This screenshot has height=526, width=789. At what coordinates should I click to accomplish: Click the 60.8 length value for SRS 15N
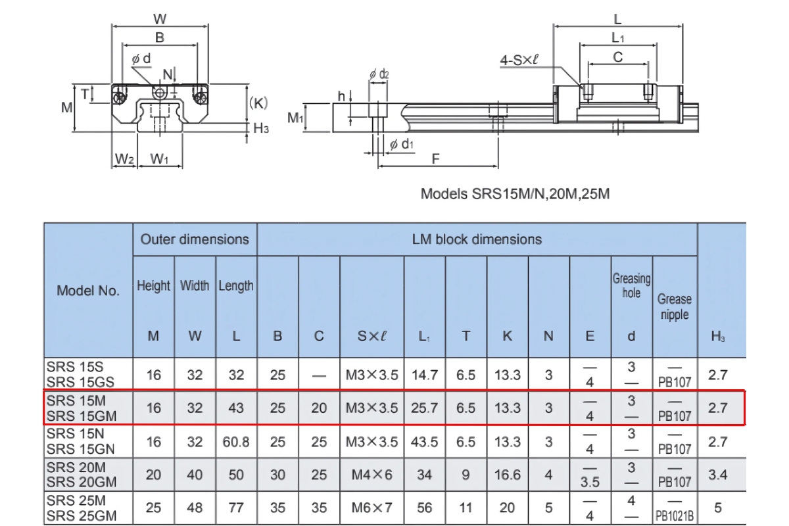pyautogui.click(x=236, y=442)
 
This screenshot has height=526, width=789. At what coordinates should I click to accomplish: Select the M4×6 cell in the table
pyautogui.click(x=371, y=474)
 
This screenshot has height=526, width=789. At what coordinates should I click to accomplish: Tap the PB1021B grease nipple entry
pyautogui.click(x=675, y=516)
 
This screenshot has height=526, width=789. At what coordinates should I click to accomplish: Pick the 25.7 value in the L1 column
pyautogui.click(x=424, y=408)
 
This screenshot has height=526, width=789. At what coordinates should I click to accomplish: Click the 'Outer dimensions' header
pyautogui.click(x=195, y=239)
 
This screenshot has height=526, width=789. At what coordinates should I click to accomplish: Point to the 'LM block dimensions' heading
pyautogui.click(x=477, y=239)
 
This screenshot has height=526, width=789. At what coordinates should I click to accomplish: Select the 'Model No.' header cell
pyautogui.click(x=88, y=291)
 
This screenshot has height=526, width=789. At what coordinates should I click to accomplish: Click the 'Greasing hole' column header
pyautogui.click(x=631, y=286)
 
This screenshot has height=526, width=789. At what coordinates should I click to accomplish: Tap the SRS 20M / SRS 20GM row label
pyautogui.click(x=82, y=474)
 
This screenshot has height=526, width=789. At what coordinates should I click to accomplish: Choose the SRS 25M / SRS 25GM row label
pyautogui.click(x=82, y=508)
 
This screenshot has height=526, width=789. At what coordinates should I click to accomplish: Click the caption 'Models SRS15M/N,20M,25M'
pyautogui.click(x=515, y=194)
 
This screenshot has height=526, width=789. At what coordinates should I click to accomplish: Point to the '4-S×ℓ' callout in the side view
pyautogui.click(x=519, y=60)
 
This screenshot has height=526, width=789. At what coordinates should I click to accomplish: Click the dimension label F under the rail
pyautogui.click(x=435, y=158)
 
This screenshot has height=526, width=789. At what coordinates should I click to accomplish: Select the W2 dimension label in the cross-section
pyautogui.click(x=124, y=159)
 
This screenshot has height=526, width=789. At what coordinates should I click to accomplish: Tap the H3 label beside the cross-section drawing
pyautogui.click(x=261, y=128)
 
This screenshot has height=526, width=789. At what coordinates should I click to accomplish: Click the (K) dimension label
pyautogui.click(x=258, y=103)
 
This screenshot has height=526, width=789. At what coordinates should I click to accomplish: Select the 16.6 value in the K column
pyautogui.click(x=507, y=474)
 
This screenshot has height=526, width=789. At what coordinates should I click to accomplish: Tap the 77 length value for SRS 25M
pyautogui.click(x=236, y=508)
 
